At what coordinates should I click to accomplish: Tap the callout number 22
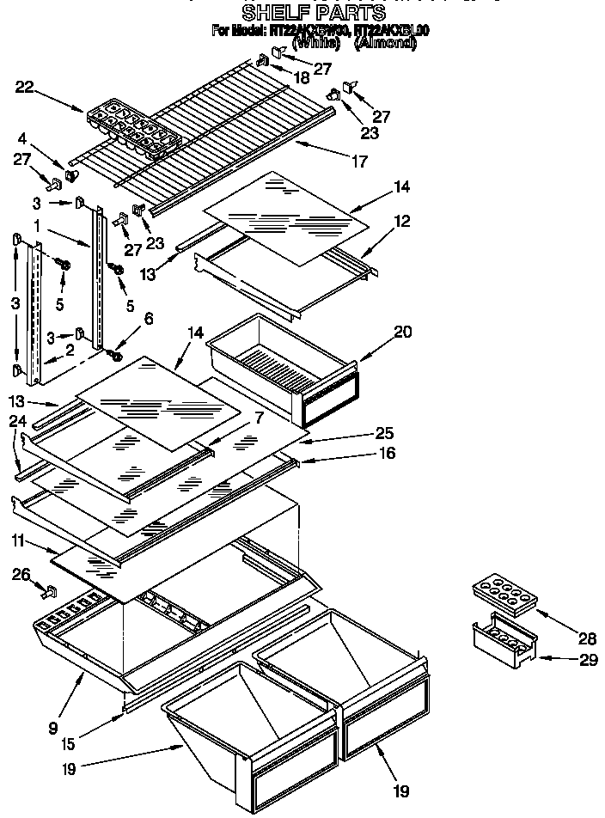25,87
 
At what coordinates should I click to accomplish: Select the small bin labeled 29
504,639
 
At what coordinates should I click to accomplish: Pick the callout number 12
378,221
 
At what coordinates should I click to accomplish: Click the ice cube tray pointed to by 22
133,127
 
